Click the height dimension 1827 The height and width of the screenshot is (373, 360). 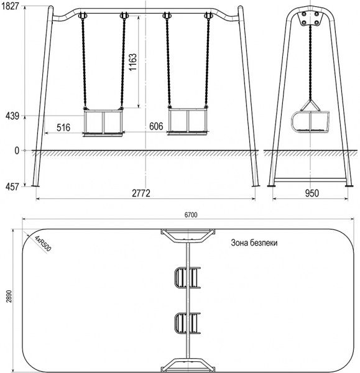point(10,6)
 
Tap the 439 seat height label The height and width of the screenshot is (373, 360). point(12,116)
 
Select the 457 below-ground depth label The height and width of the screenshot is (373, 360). point(12,186)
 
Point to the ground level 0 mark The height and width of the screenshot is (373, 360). point(17,150)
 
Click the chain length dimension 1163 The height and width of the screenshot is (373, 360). point(133,62)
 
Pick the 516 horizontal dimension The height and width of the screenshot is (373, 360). point(63,127)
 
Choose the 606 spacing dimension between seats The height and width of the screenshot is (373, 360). point(156,126)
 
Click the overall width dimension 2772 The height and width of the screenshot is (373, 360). point(141,193)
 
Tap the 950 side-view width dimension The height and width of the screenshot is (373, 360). point(312,193)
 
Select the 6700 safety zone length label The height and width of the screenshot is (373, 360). point(191,215)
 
